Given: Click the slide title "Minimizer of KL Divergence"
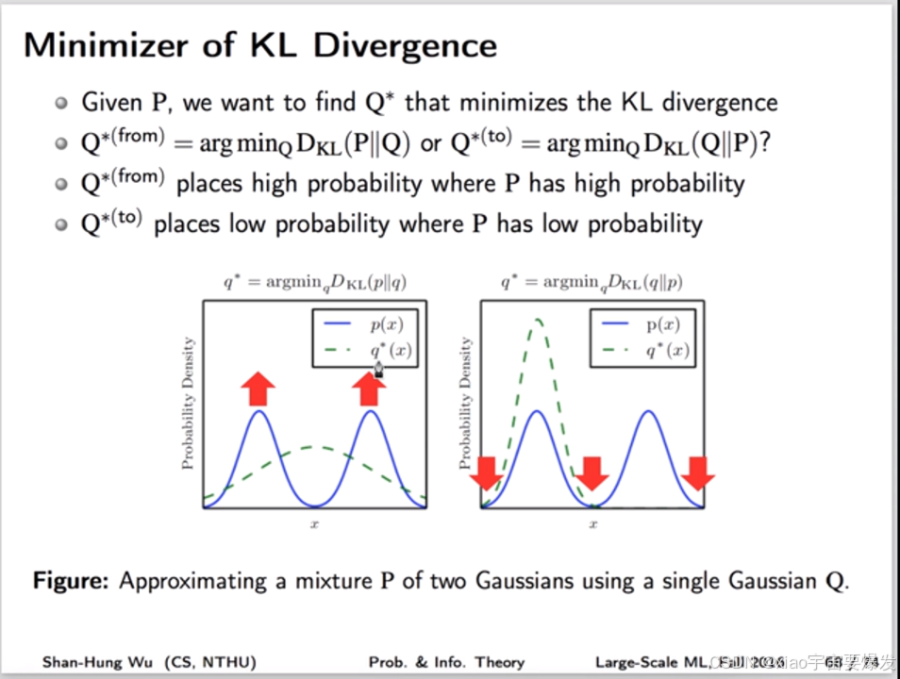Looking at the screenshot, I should pos(259,45).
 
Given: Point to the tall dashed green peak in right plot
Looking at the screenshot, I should pos(538,323).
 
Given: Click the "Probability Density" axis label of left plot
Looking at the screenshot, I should pos(189,403).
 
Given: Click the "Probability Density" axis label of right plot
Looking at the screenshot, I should pos(465,403).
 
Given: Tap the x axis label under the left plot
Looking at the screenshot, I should pos(314,523).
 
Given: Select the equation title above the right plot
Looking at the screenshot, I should pos(592,282).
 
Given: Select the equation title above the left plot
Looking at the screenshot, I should pos(314,282).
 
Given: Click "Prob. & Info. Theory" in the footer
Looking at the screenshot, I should pos(446,662).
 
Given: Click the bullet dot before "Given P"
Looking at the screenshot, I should pos(61,102).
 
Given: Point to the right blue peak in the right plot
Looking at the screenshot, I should pos(647,413).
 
